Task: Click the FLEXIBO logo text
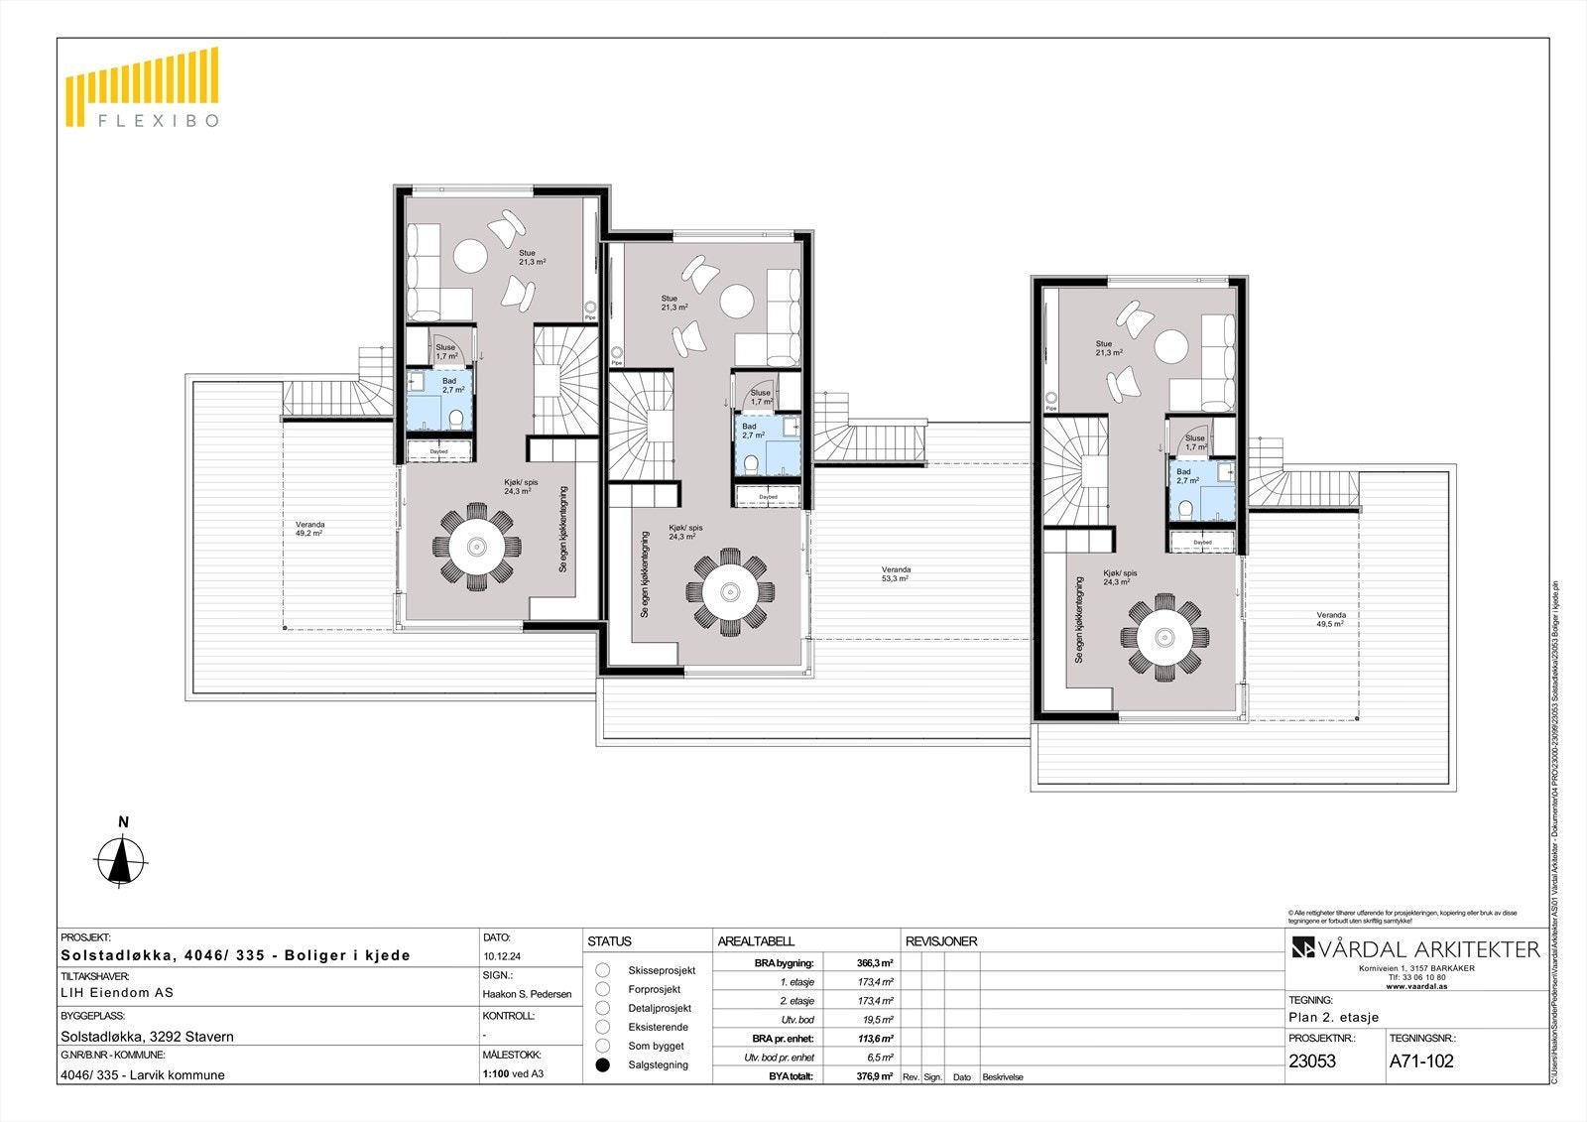click(156, 121)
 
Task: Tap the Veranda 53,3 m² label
click(896, 573)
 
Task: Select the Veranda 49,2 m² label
click(309, 528)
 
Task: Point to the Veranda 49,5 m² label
click(1330, 619)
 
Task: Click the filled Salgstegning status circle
click(602, 1064)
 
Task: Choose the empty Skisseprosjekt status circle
click(602, 970)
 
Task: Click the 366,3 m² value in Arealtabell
click(874, 962)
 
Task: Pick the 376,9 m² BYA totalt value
click(874, 1076)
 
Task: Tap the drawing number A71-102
click(1421, 1060)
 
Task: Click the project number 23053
click(1312, 1060)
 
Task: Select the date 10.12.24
click(503, 957)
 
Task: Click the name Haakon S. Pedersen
click(527, 994)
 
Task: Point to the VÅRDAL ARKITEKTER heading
click(1415, 949)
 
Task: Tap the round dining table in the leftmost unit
click(476, 547)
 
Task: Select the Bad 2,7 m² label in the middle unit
click(753, 431)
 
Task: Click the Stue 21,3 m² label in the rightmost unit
click(1108, 348)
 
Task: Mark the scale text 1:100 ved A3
click(513, 1073)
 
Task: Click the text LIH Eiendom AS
click(117, 992)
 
